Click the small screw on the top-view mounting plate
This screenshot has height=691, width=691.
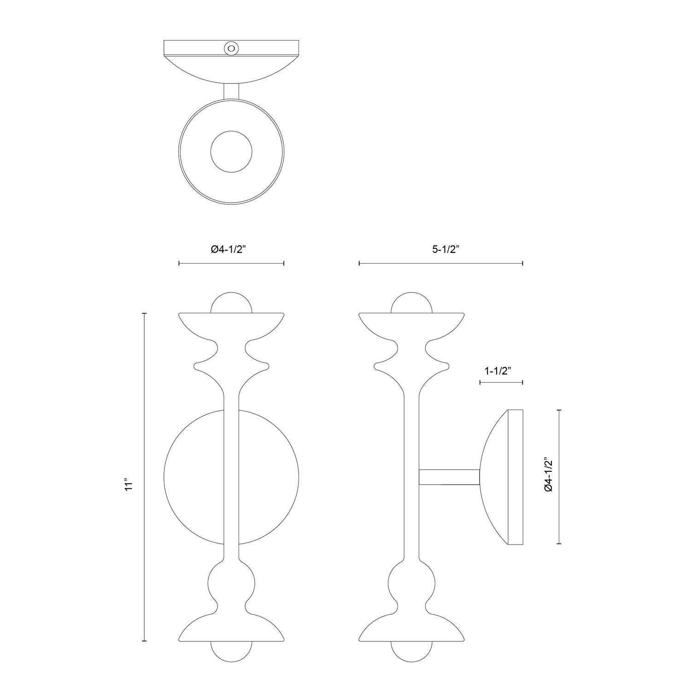pos(231,48)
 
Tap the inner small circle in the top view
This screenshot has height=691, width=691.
pos(231,152)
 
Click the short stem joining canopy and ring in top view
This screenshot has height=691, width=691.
pos(231,91)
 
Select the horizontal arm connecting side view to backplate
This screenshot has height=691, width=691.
pos(449,477)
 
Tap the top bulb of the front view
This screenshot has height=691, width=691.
pos(231,303)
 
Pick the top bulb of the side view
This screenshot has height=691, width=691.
pos(411,303)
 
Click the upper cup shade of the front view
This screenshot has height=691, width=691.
pos(231,325)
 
